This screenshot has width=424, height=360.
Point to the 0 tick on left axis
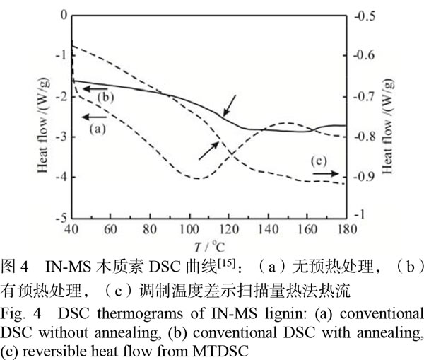coord(63,15)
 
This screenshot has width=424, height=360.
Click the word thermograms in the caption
coord(108,312)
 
